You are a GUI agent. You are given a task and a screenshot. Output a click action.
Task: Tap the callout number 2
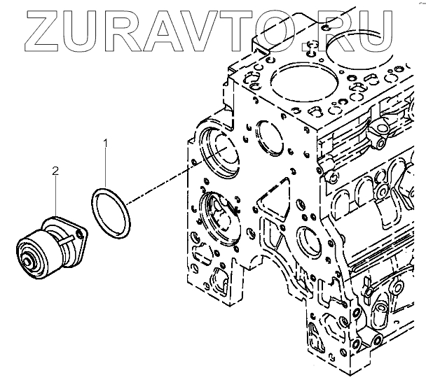[55, 170]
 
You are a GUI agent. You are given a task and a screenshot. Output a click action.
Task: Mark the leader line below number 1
[106, 168]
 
